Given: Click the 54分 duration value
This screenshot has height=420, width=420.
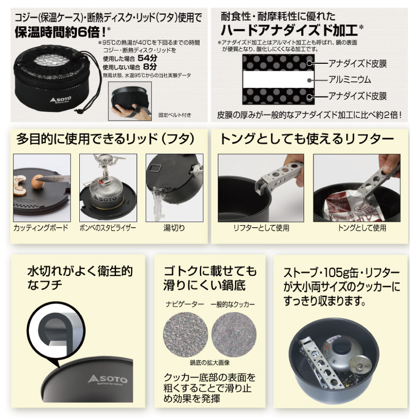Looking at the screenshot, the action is pyautogui.click(x=147, y=58).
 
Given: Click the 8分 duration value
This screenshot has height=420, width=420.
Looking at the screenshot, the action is pyautogui.click(x=150, y=67).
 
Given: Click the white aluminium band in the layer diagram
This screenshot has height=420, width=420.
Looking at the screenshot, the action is pyautogui.click(x=278, y=79).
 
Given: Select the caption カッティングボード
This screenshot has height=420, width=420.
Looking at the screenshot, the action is pyautogui.click(x=41, y=228).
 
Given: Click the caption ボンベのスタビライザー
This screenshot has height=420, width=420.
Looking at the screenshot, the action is pyautogui.click(x=108, y=228).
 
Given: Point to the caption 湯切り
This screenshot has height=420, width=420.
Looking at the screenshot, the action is pyautogui.click(x=174, y=228).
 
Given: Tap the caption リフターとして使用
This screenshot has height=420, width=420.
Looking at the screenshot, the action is pyautogui.click(x=261, y=228).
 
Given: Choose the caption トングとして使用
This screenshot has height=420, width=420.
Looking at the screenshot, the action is pyautogui.click(x=362, y=228).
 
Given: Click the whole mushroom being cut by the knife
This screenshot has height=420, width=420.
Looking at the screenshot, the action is pyautogui.click(x=37, y=181).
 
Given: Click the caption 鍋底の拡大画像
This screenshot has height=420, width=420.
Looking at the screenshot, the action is pyautogui.click(x=210, y=363).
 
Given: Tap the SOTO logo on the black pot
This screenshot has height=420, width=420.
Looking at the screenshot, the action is pyautogui.click(x=108, y=379).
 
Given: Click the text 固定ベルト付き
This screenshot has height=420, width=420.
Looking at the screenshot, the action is pyautogui.click(x=175, y=115).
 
